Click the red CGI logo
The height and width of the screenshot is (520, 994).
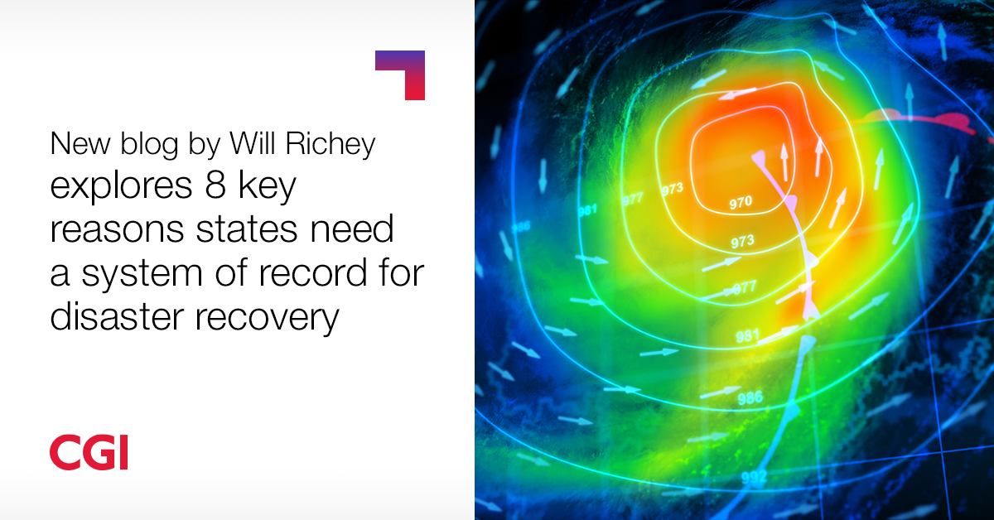[89, 452]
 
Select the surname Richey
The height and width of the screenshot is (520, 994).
[331, 145]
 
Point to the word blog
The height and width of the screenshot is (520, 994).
[149, 145]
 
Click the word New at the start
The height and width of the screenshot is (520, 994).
[80, 144]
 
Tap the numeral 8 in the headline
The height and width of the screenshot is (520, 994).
[215, 185]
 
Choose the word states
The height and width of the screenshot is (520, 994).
[247, 229]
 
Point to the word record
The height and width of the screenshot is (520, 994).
[313, 272]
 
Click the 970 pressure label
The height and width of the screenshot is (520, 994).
[741, 203]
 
